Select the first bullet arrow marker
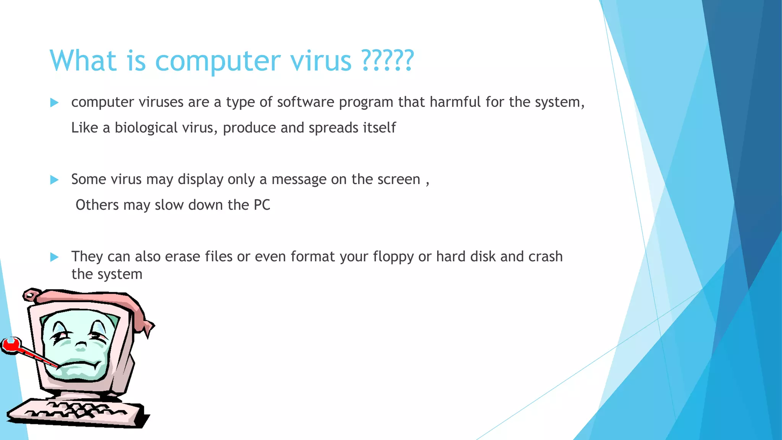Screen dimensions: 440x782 pos(54,102)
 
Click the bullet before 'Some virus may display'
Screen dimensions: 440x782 pos(54,180)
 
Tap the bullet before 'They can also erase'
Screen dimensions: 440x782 pos(54,257)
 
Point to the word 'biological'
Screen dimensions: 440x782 pos(146,128)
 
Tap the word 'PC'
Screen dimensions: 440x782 pos(262,205)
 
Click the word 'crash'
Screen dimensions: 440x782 pos(545,257)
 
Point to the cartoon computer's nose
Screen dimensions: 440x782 pos(81,346)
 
